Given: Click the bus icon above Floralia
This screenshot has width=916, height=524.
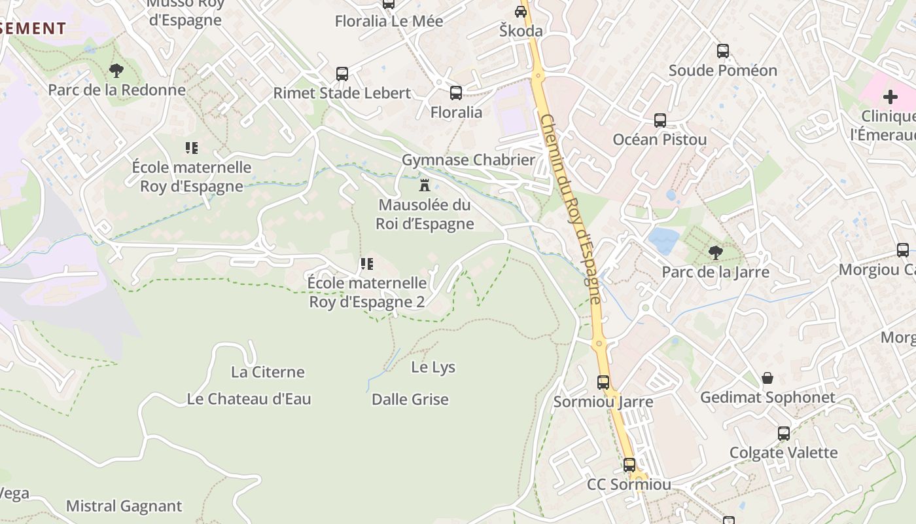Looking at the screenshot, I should click(x=456, y=93).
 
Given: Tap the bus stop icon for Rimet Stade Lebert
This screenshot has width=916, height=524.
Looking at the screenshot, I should click(x=342, y=74).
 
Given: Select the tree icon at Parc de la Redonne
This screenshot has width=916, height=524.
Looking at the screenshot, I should click(x=116, y=70).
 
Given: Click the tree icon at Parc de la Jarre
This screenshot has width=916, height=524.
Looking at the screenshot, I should click(x=716, y=252).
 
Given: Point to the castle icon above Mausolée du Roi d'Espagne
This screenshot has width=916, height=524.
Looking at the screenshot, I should click(x=425, y=184).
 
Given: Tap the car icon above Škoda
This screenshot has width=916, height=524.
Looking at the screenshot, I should click(x=521, y=11).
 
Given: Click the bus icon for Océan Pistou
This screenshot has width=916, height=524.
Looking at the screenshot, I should click(x=660, y=121).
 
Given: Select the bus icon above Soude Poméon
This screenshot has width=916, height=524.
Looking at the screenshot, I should click(x=723, y=51).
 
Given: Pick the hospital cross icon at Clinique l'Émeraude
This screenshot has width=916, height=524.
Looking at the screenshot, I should click(x=890, y=97).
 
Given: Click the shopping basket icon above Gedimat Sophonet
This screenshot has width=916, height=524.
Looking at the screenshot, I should click(x=767, y=378).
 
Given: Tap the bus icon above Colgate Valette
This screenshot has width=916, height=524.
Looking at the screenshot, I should click(x=783, y=433).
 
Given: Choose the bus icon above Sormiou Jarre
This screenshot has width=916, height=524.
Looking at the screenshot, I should click(x=603, y=382).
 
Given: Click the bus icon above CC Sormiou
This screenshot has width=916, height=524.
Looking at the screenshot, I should click(x=629, y=465).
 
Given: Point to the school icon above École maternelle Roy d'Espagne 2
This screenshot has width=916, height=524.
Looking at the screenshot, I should click(x=367, y=264).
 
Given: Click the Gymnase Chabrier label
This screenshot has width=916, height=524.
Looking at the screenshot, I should click(x=468, y=160).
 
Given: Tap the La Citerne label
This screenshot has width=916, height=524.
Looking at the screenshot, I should click(x=268, y=372).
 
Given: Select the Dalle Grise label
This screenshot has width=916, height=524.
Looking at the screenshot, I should click(x=410, y=399).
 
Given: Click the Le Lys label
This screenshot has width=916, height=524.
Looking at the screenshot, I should click(x=433, y=367).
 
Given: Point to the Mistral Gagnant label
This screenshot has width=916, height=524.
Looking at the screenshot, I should click(x=124, y=506).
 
